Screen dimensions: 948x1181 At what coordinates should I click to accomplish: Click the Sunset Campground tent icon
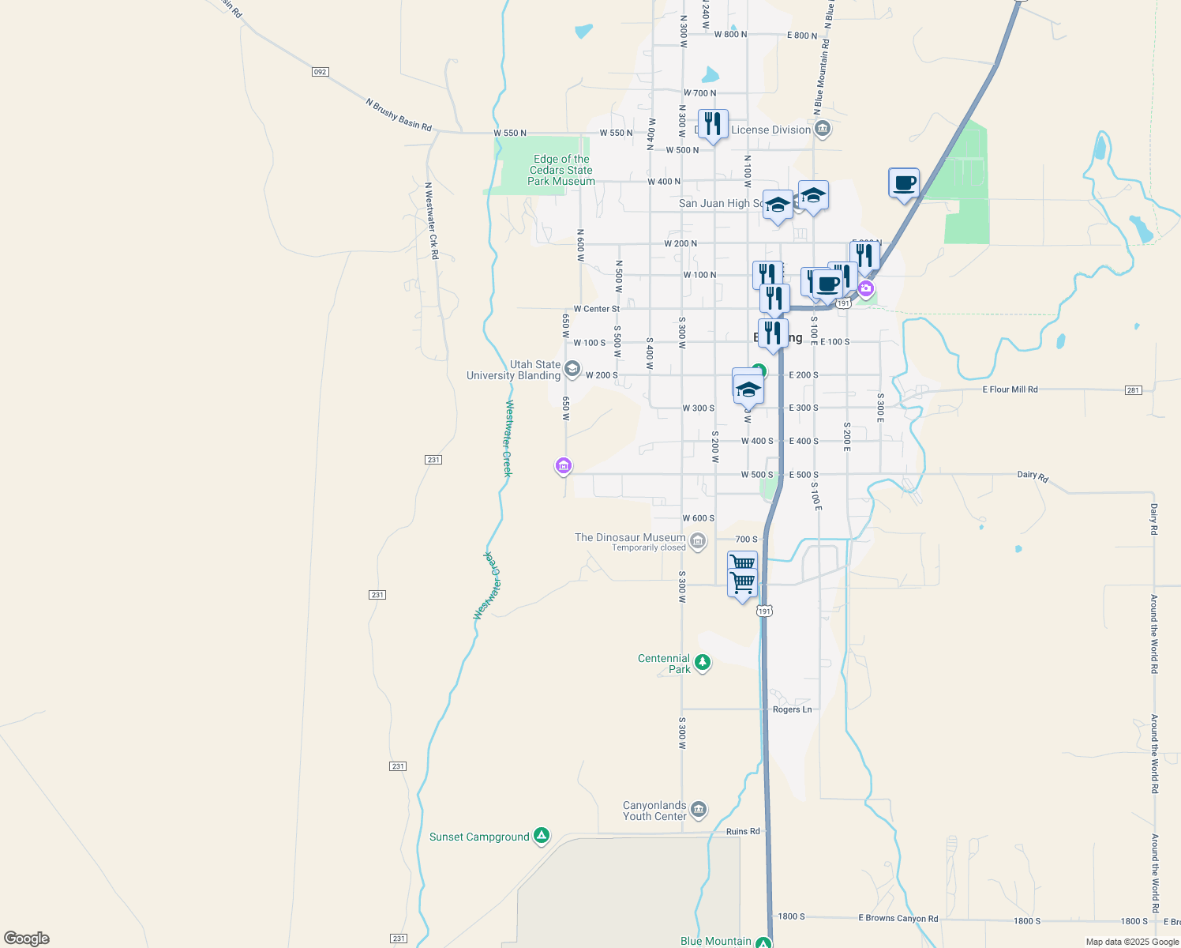point(541,835)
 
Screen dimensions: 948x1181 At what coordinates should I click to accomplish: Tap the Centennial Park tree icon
point(702,663)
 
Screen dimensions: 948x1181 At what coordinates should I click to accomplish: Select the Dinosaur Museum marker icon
point(697,541)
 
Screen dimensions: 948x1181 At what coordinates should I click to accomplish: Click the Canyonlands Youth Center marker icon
point(698,810)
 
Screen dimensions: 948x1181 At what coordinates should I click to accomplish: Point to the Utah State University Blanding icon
point(572,369)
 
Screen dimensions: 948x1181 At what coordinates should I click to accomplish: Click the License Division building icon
point(823,129)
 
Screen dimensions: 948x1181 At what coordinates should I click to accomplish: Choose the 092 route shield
point(319,72)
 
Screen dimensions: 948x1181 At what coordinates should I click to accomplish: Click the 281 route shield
point(1134,390)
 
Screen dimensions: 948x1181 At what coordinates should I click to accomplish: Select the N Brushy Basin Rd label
point(399,115)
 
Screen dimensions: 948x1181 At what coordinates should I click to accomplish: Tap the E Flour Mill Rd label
point(1010,389)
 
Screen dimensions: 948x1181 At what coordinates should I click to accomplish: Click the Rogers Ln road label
point(792,709)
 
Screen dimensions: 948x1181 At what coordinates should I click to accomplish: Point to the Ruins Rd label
point(743,831)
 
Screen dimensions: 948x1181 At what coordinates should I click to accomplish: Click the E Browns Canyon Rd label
point(898,918)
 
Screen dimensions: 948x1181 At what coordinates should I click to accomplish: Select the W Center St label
point(596,309)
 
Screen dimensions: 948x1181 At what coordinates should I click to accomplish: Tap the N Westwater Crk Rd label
point(431,221)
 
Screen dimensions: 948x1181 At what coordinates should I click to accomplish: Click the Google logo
point(27,939)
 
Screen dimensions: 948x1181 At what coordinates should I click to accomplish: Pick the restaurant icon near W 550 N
point(713,124)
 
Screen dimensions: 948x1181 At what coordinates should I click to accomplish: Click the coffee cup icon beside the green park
point(904,183)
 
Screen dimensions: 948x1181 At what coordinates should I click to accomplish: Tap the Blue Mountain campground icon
point(763,942)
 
